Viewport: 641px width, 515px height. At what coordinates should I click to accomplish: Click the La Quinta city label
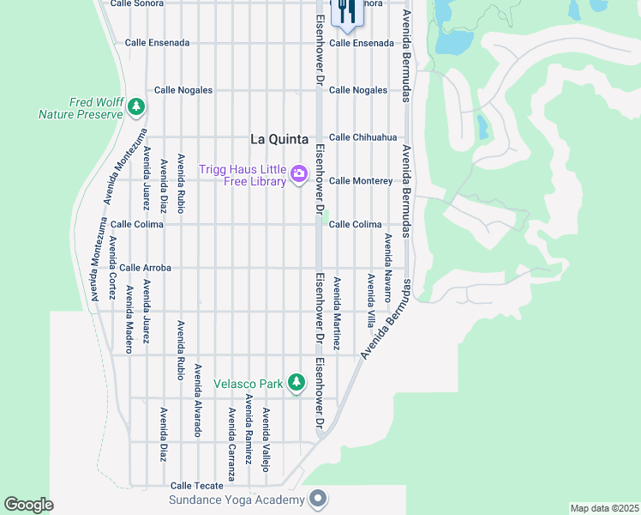coord(279,138)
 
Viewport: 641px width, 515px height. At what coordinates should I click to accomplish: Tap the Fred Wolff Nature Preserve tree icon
coord(136,106)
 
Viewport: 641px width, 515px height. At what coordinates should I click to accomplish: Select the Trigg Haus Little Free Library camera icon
coord(298,174)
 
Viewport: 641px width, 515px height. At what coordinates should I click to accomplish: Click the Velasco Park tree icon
coord(297,382)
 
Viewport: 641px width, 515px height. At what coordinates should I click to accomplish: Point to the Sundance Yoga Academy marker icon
coord(318,499)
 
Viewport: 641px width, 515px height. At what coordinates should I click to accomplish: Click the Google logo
coord(29,505)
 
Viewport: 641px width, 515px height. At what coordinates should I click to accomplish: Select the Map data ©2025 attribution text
coord(604,508)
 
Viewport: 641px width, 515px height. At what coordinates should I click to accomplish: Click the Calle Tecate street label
coord(197,486)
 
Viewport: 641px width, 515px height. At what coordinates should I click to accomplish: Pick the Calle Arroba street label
coord(145,268)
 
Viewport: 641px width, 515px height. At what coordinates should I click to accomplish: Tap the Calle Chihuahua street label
coord(363,137)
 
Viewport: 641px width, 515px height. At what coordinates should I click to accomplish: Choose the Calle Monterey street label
coord(361,181)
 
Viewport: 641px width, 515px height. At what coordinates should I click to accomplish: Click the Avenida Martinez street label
coord(337,313)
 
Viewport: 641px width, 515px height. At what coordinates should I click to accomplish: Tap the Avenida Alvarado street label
coord(197,401)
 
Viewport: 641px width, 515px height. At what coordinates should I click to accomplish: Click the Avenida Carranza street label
coord(231,433)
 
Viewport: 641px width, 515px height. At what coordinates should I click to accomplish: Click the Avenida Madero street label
coord(129,319)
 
